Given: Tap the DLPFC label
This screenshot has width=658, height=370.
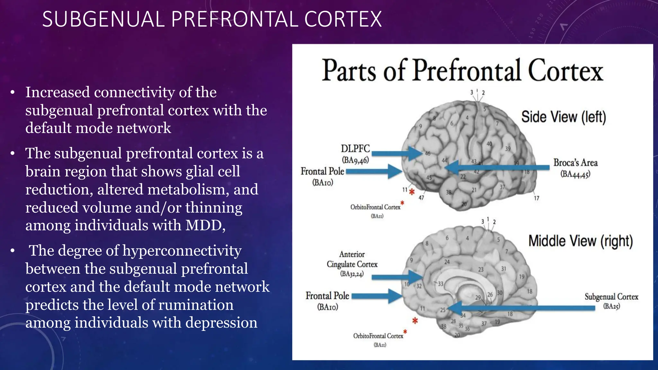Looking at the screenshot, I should coord(355,149).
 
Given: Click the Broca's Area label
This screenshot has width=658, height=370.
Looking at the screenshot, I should coord(575,163).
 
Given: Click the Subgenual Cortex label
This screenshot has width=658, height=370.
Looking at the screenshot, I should coord(611,297).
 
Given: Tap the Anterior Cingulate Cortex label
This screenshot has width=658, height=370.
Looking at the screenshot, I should coord(352,260).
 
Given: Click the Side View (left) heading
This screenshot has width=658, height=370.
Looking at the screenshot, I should coord(564,117).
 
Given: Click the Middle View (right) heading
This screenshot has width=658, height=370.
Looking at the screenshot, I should coord(581,241).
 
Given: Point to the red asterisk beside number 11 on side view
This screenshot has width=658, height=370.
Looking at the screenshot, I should coord(412,192).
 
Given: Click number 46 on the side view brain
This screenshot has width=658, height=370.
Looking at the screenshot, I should coord(428,154).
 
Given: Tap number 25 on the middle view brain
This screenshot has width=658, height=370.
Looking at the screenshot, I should coord(443,310).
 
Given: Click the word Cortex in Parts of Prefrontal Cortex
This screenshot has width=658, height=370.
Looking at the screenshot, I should coord(565,71).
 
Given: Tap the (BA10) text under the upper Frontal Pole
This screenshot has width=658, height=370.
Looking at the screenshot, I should coord(323,182).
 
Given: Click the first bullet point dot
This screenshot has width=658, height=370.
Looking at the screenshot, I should coord(13,93).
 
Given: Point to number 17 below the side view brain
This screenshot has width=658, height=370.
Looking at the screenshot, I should coord(537,198).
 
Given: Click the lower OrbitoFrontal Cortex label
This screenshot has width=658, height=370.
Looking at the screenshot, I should coord(378,336).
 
